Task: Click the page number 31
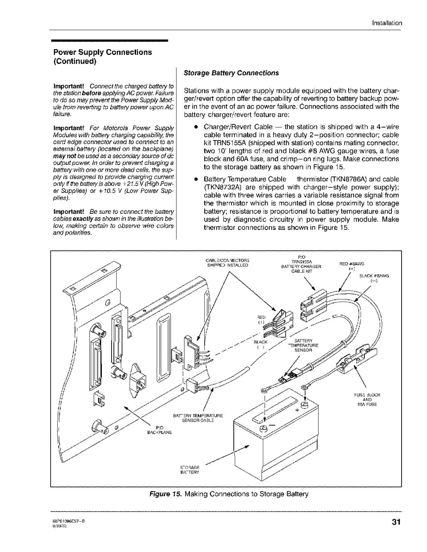pos(396,522)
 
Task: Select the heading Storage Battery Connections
pos(231,73)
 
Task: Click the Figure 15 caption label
pos(166,494)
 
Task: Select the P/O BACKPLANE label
pos(160,429)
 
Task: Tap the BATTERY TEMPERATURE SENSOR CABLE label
pos(198,418)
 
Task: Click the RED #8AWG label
pos(352,266)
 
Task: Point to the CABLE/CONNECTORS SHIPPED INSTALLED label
pos(227,263)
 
